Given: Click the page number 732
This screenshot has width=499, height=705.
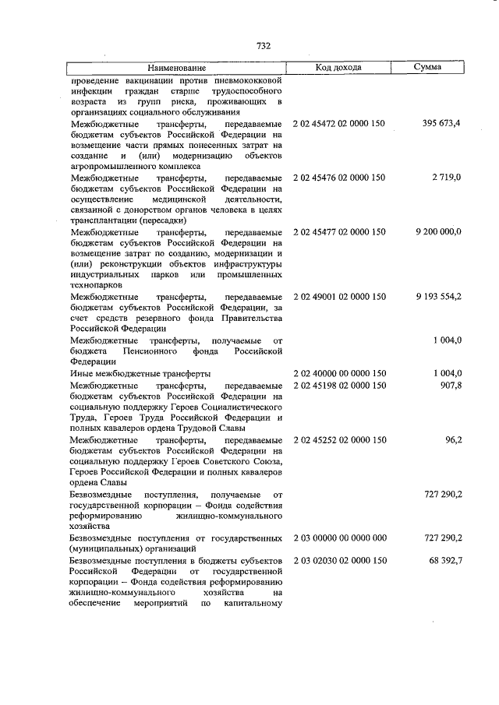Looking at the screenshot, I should coord(264,46).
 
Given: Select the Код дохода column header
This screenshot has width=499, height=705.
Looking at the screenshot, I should coord(338,68).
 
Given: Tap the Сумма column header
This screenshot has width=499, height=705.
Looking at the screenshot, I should coord(427,68).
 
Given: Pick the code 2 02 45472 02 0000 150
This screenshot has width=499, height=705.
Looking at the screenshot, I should coord(338,123).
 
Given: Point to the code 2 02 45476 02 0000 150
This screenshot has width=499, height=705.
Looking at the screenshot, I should coord(338,178).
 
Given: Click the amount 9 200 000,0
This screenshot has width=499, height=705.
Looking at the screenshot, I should coord(438,232).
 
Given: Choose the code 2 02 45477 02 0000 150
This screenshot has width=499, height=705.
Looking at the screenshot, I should coord(338,232).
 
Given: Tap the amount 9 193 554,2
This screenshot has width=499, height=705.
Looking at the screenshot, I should coord(438,298).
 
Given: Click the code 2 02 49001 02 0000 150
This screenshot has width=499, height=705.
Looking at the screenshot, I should coord(338,298).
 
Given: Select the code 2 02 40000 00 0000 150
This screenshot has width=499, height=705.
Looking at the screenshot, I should coord(338,374).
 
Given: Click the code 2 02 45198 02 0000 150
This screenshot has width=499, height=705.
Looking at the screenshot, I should coord(338,385).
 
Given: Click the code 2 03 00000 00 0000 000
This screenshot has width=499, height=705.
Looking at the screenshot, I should coord(338,538).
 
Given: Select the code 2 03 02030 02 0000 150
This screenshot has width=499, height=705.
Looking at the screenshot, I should coord(338,560).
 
